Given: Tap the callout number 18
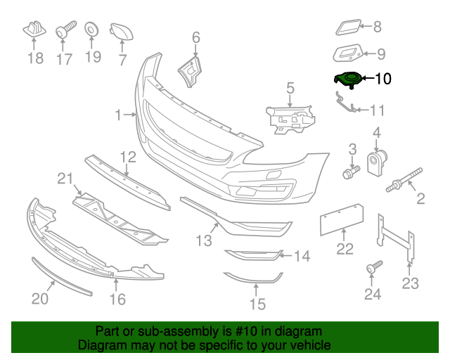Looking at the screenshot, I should coord(35,58).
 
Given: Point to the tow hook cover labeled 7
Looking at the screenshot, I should coord(121,30).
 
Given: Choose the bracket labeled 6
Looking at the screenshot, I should coord(190,70).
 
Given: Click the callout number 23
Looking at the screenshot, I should coord(410,283).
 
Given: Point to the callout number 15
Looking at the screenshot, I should coord(258,304).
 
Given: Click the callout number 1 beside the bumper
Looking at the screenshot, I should coord(119,113).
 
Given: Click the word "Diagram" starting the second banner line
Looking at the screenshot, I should coord(101,346).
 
